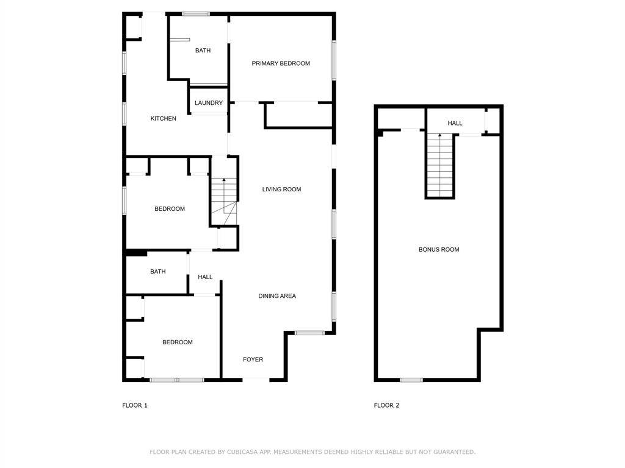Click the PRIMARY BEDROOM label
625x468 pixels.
click(x=281, y=63)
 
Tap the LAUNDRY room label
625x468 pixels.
click(x=209, y=103)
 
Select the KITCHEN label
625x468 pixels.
click(x=164, y=118)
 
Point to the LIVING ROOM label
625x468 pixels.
click(x=282, y=190)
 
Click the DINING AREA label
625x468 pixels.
click(x=277, y=296)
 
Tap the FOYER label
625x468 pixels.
click(x=253, y=360)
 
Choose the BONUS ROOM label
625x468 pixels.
click(x=439, y=250)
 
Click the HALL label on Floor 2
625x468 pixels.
click(x=455, y=123)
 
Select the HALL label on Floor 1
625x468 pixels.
click(x=205, y=277)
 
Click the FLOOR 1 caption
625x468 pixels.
click(x=135, y=405)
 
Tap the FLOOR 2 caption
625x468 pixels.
click(x=387, y=405)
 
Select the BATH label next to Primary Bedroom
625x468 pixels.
click(x=203, y=51)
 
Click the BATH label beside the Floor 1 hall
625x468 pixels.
click(x=158, y=272)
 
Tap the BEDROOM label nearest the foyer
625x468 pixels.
click(x=178, y=342)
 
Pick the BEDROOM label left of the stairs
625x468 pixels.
click(x=170, y=209)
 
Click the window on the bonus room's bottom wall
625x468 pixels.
click(x=411, y=380)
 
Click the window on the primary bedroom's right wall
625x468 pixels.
click(x=334, y=60)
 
